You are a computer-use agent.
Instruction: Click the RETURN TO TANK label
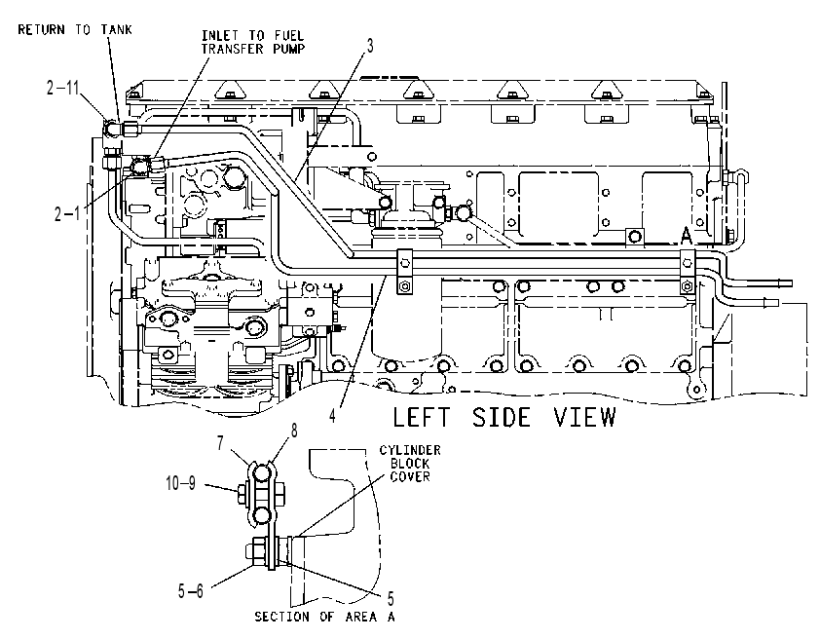tap(75, 29)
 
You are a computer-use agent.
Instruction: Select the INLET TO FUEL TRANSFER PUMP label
tap(253, 42)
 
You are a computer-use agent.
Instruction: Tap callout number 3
tap(370, 46)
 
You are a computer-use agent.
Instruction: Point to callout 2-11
tap(62, 88)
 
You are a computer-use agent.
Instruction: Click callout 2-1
tap(67, 213)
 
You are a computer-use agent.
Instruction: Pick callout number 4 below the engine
tap(333, 416)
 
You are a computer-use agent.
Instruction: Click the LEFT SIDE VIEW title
tap(504, 417)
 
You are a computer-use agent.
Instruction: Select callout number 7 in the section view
tap(221, 442)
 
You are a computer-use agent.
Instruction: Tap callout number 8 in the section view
tap(294, 431)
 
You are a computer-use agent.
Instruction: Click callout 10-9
tap(181, 483)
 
